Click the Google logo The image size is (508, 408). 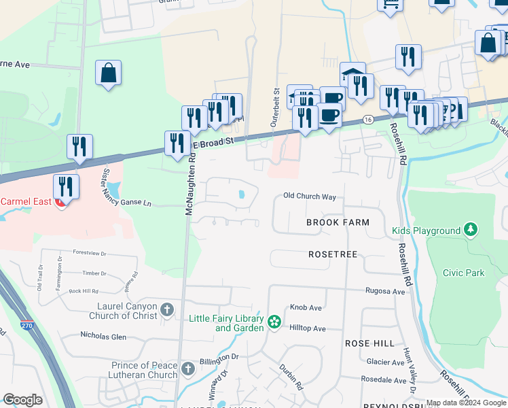(x=23, y=400)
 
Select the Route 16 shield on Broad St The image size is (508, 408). (x=367, y=118)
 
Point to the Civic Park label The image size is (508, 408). (x=463, y=273)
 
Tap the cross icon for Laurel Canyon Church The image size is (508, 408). (x=168, y=311)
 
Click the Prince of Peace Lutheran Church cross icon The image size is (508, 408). (x=187, y=370)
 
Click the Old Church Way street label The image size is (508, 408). (x=310, y=197)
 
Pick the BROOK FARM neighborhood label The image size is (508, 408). (x=338, y=222)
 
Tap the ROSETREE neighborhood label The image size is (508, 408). (x=333, y=254)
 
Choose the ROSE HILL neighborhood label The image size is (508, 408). (x=369, y=343)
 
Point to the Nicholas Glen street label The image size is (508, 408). (x=103, y=336)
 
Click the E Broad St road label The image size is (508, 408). (x=213, y=141)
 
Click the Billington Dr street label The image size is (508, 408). (x=219, y=356)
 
